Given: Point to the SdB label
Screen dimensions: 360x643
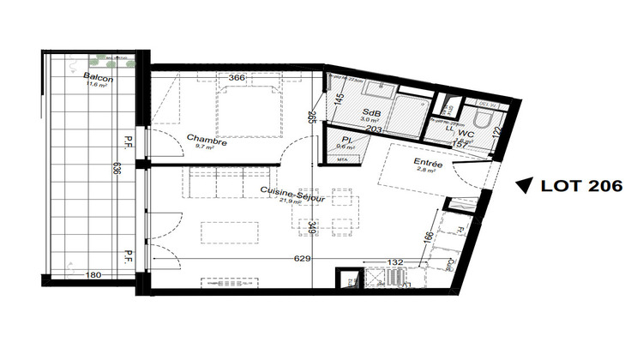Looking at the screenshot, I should coord(372,114).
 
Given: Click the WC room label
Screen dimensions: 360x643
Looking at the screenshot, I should coord(466,134).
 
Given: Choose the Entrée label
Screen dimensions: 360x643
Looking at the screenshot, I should coord(428,162).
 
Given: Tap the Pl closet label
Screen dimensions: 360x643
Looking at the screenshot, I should coord(347,139).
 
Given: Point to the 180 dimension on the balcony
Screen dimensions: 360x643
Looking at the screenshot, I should coord(94,275).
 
